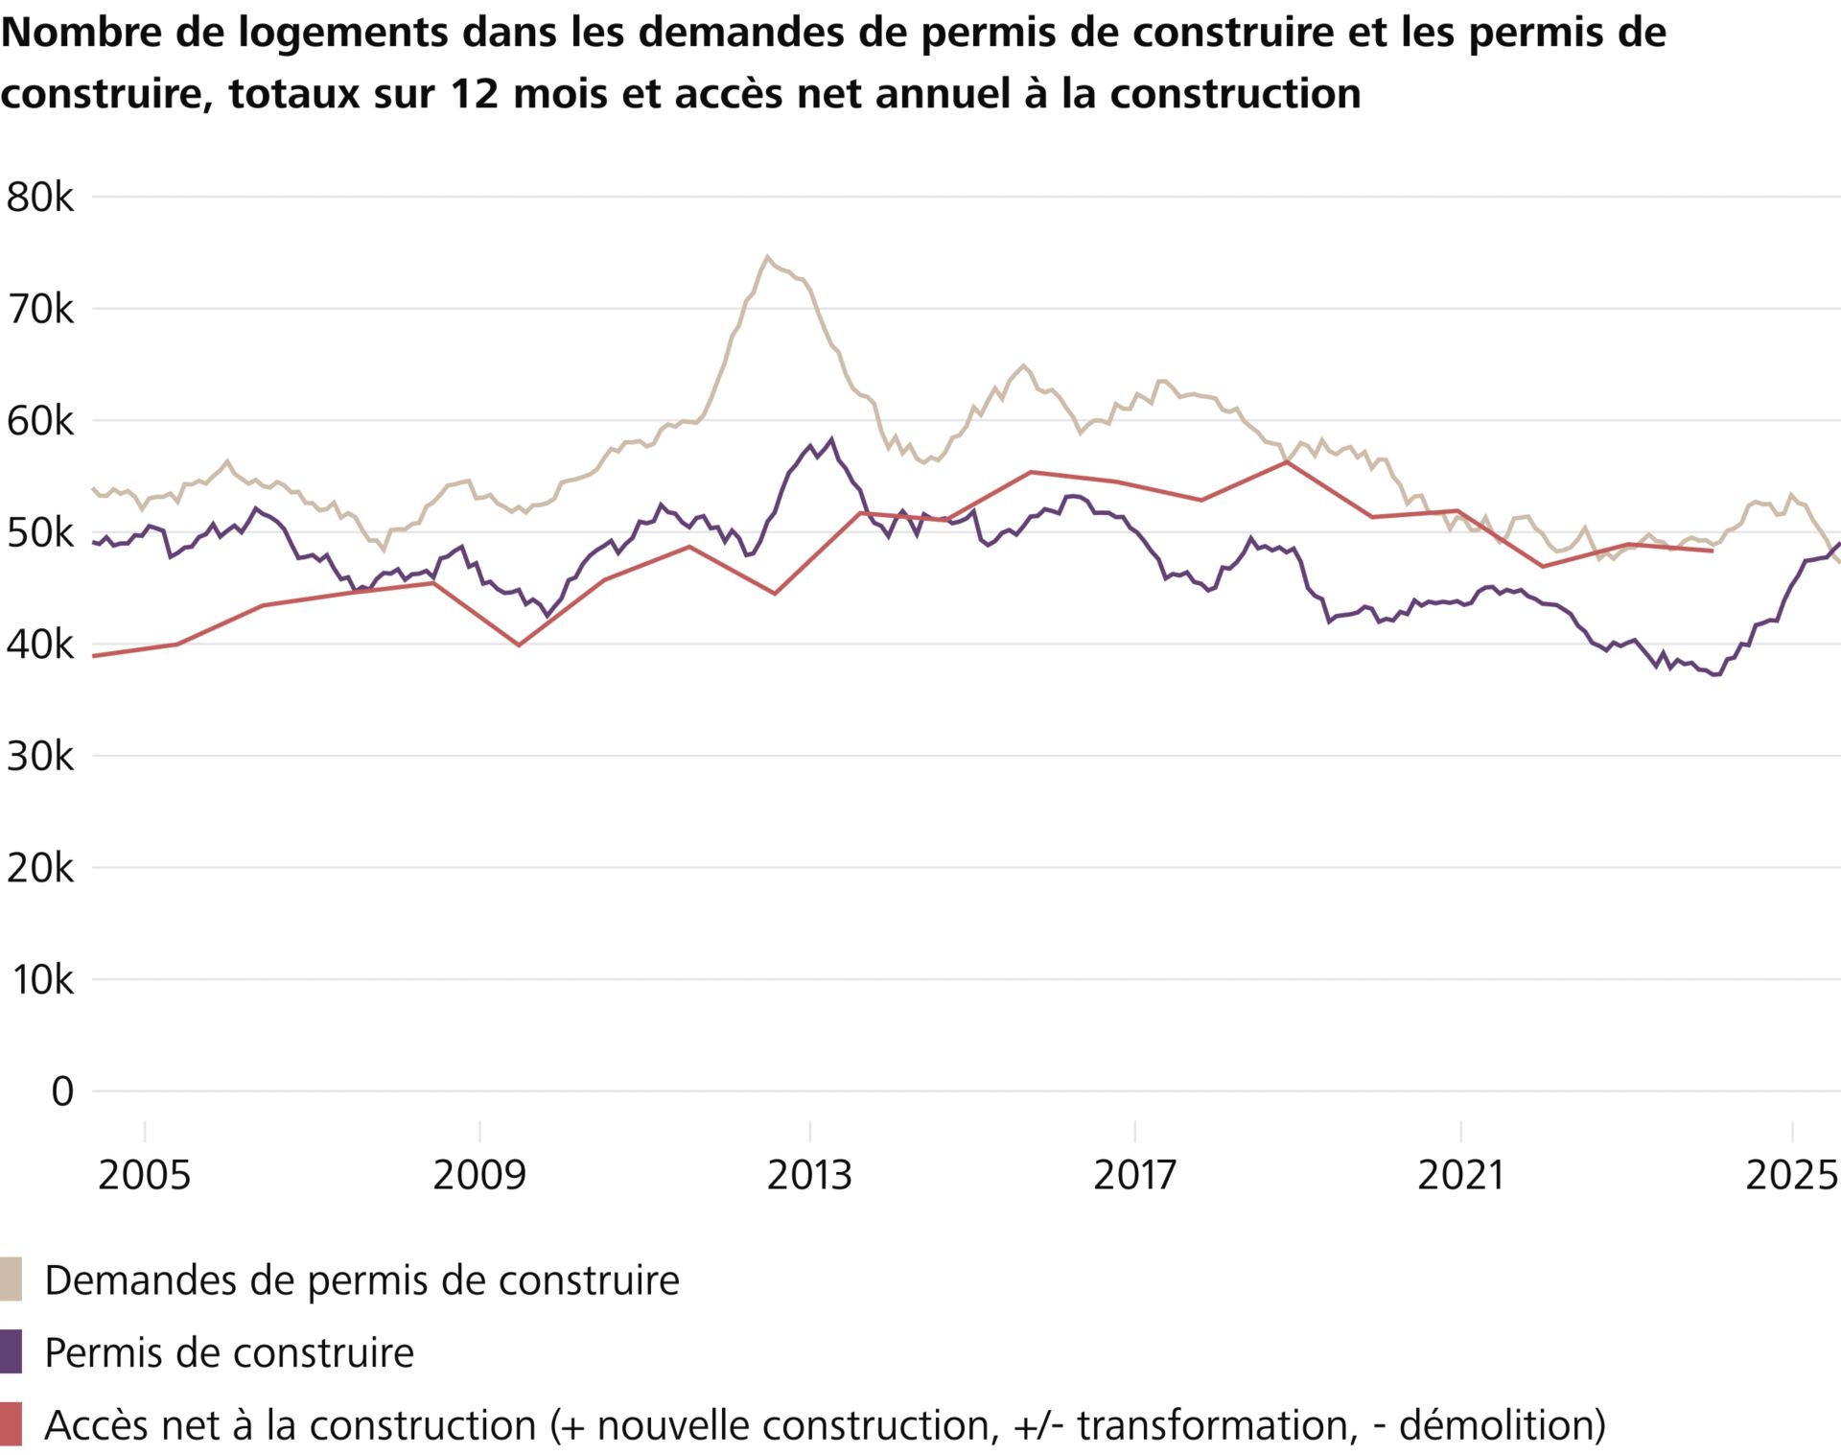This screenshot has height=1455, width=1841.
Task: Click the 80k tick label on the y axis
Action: [39, 198]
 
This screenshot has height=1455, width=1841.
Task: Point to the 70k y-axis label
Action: [39, 310]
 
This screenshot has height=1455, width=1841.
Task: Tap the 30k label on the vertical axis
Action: [39, 757]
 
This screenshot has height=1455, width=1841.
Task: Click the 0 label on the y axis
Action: [61, 1091]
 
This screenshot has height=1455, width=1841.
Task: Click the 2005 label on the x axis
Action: [144, 1175]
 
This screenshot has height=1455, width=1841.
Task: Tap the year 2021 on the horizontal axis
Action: [1459, 1175]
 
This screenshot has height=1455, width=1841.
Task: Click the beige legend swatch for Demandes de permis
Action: [11, 1279]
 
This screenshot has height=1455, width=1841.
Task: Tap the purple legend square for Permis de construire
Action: [11, 1352]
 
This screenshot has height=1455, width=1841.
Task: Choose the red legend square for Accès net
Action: [11, 1424]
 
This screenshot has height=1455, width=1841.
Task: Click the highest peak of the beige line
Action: [766, 256]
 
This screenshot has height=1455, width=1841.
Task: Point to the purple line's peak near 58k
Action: [831, 439]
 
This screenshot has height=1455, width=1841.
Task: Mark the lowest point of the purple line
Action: [1716, 675]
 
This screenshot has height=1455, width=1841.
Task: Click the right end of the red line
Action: [1712, 551]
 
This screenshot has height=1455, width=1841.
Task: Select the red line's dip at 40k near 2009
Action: [519, 645]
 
